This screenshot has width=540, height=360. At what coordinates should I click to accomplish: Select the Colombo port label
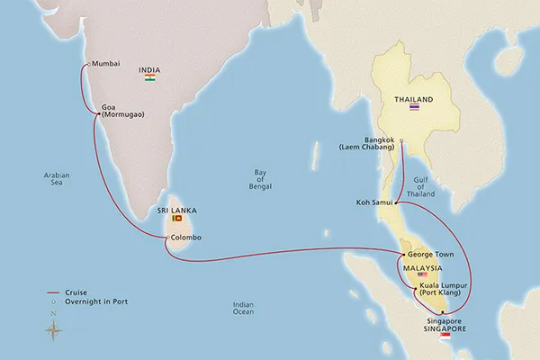(186, 238)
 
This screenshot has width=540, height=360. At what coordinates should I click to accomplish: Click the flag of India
(149, 79)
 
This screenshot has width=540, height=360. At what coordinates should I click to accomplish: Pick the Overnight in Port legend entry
(90, 302)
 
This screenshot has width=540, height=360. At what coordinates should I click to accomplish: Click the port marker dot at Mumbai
(85, 64)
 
